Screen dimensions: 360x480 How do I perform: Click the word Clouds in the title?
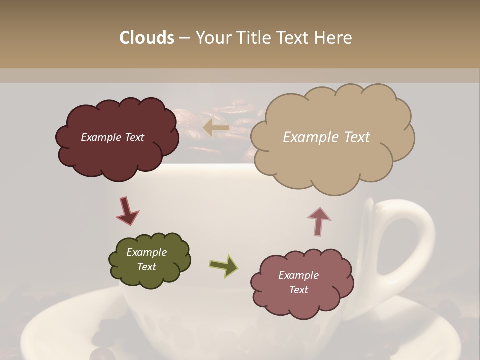[147, 38]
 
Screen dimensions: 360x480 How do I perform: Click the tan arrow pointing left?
[216, 128]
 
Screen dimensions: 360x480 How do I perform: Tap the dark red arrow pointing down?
[127, 210]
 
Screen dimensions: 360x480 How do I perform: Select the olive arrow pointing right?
[224, 265]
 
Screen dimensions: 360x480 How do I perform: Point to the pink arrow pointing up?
[319, 221]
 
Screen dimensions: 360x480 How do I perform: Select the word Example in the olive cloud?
[146, 252]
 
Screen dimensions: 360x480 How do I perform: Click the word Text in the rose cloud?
[298, 290]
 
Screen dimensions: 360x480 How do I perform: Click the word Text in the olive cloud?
[146, 267]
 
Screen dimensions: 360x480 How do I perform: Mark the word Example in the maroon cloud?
[100, 137]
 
